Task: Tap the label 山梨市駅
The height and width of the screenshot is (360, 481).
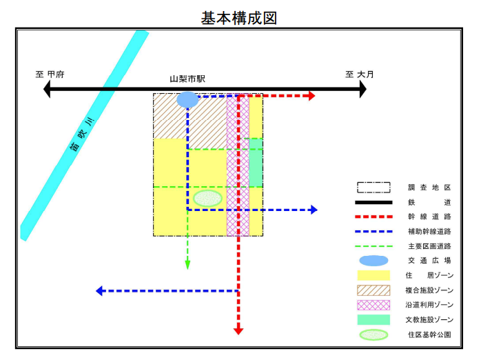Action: pos(187,79)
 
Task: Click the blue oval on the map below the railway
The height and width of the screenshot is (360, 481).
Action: pos(187,100)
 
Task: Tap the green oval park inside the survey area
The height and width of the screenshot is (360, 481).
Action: pos(207,199)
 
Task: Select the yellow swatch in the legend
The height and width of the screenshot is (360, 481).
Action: pos(373,275)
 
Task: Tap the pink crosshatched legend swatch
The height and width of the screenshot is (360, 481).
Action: pos(373,305)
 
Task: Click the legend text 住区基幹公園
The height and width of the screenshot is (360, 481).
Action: pos(429,334)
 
